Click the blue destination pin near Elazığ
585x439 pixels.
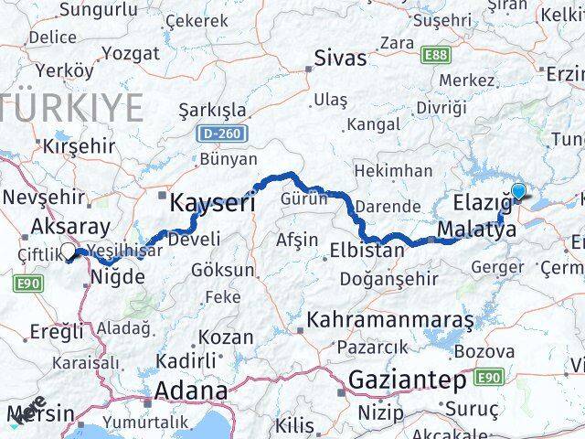(x=518, y=192)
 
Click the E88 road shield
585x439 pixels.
(x=435, y=55)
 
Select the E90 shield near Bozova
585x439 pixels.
(x=490, y=376)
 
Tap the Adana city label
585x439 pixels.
(x=191, y=391)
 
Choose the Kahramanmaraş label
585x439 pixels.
(x=391, y=320)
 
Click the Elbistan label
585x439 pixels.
(x=371, y=249)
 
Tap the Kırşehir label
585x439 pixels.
(x=79, y=145)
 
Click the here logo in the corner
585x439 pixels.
(x=27, y=410)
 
